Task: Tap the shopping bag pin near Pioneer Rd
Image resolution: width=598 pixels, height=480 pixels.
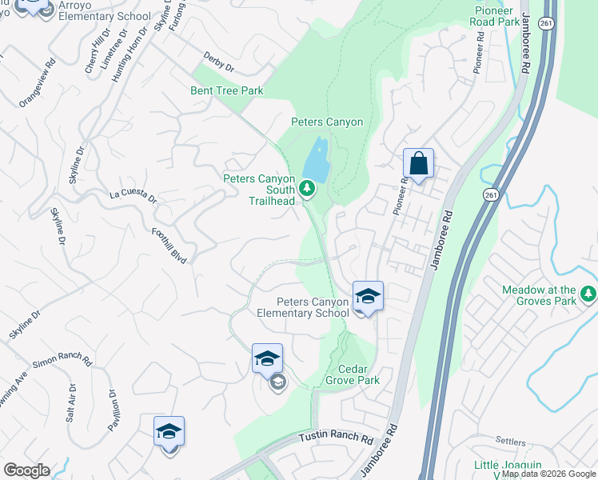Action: [x=418, y=164]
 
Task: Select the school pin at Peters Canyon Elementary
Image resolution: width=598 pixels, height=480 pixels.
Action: [x=368, y=297]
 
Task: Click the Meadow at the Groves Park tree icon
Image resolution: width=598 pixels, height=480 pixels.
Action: [x=589, y=294]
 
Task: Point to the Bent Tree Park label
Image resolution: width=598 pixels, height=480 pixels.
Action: [x=227, y=90]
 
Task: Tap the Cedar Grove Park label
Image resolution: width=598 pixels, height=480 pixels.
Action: [x=353, y=374]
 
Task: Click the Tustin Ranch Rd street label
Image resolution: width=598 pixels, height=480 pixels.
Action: [x=337, y=439]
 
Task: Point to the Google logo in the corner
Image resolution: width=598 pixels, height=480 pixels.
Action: [x=26, y=470]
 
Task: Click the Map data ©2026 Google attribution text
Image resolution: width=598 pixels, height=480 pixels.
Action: [x=548, y=474]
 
